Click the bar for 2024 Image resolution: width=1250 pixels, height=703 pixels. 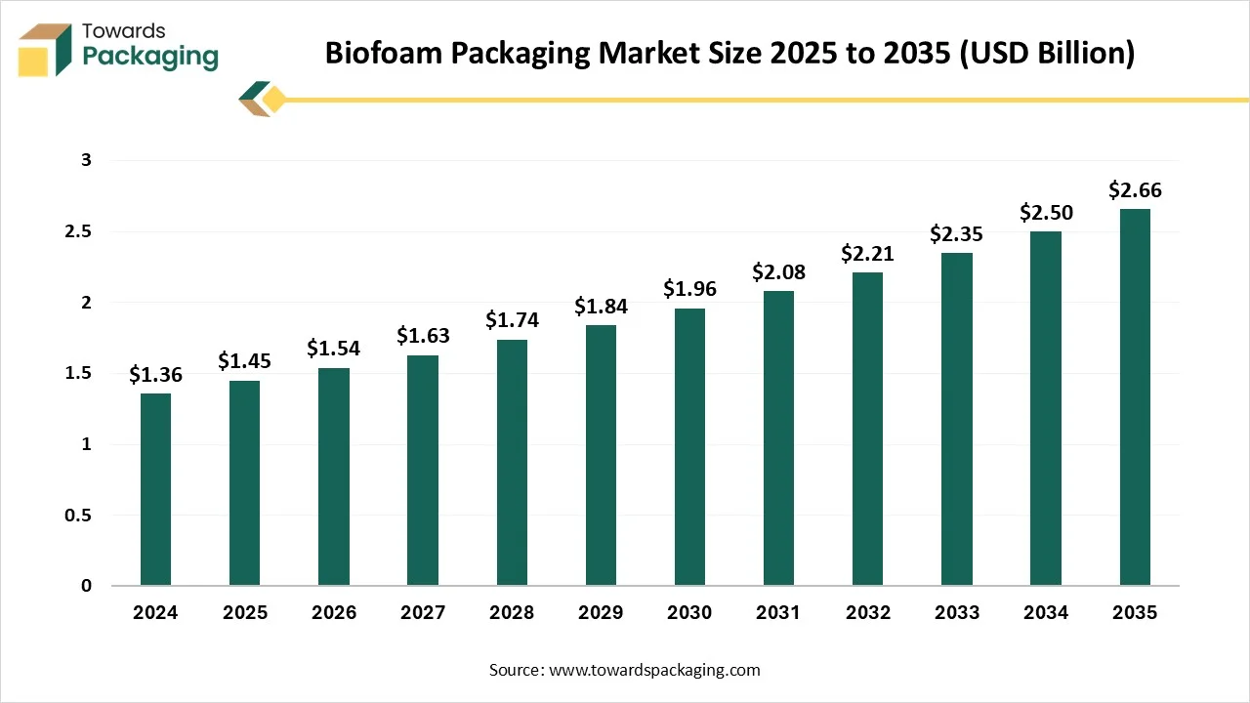point(155,489)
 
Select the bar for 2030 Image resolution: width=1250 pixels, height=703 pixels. point(689,447)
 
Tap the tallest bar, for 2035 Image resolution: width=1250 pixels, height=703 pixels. point(1135,396)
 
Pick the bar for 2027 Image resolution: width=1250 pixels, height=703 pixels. point(423,471)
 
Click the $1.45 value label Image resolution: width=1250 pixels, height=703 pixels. point(244,361)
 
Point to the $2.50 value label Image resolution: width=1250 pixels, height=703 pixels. point(1046,212)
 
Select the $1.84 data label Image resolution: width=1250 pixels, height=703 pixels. point(601,306)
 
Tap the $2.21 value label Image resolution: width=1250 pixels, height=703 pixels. point(867,254)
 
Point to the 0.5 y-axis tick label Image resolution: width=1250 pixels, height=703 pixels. point(78,516)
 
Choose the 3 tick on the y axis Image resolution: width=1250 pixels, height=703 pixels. point(86,160)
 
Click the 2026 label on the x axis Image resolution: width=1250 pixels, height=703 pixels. point(334,613)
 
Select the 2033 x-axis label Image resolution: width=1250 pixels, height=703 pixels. point(956,613)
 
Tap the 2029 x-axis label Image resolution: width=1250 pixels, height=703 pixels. point(601,613)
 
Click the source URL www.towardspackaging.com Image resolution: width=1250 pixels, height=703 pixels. point(655,670)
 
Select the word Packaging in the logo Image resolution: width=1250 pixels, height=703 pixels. point(150,57)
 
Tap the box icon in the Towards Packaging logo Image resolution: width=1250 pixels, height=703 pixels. point(45,49)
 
